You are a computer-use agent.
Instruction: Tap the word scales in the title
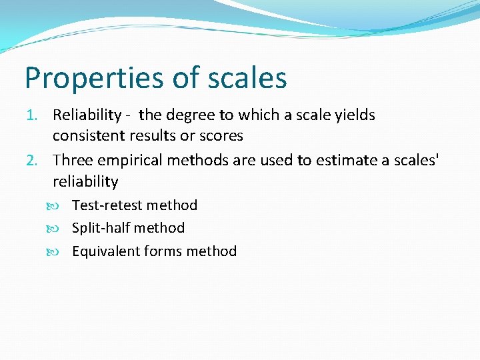247,77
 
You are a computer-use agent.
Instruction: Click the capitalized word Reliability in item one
87,115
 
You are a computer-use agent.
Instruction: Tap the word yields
355,115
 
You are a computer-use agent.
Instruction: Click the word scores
222,136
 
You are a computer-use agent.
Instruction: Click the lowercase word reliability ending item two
85,181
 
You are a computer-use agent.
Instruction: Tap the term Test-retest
107,205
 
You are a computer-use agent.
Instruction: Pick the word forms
163,251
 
